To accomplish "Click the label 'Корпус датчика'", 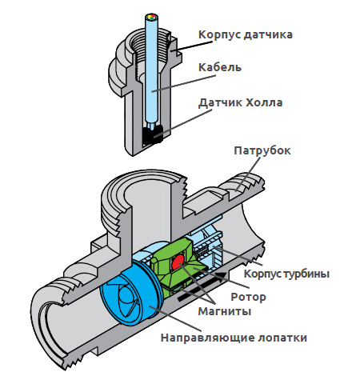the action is tap(246, 35).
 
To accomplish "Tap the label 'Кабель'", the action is tap(220, 67).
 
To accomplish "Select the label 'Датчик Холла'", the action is tap(241, 102).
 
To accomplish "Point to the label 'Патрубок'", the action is tap(262, 151).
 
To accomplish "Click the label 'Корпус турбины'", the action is tap(286, 274).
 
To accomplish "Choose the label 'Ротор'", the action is tap(248, 297).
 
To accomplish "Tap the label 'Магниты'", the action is tap(225, 311).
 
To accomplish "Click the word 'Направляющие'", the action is tap(208, 338).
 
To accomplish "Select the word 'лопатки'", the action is tap(283, 338).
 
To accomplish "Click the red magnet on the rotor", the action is tap(178, 262).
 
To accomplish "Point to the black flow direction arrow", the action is tap(202, 286).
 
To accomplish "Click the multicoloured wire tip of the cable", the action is tap(151, 18).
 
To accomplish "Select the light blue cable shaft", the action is tap(151, 70).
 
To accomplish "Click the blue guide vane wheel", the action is tap(130, 293).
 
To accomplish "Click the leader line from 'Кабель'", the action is tap(184, 83).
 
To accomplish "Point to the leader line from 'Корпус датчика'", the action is tap(192, 46).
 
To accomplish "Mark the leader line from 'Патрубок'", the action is tap(248, 174).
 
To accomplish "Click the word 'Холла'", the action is tap(264, 102).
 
